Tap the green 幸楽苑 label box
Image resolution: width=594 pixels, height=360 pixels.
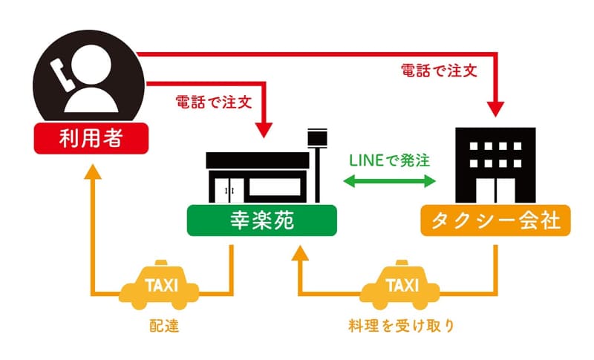click(x=261, y=221)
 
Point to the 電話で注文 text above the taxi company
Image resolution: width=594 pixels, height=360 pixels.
click(x=439, y=71)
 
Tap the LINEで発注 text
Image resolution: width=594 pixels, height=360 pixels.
click(x=391, y=158)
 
